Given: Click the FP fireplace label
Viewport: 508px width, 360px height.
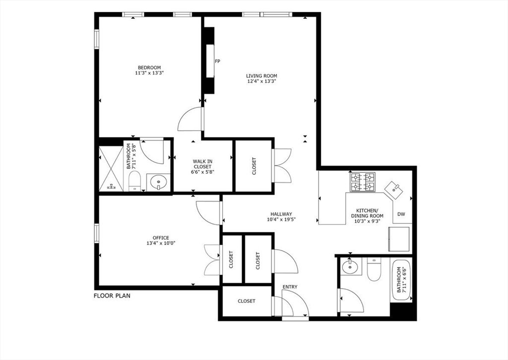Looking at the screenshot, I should pyautogui.click(x=217, y=62).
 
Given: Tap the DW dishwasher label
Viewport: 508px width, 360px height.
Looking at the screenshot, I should pyautogui.click(x=401, y=215).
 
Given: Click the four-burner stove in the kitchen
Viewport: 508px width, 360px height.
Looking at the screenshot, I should pyautogui.click(x=364, y=182).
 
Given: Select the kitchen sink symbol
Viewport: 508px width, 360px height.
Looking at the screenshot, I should pyautogui.click(x=395, y=188).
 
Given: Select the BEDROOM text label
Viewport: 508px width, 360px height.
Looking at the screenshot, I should pyautogui.click(x=149, y=68).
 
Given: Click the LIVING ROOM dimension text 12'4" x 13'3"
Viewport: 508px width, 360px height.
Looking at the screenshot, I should pyautogui.click(x=261, y=81).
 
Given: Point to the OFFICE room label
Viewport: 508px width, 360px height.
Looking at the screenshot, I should pyautogui.click(x=161, y=238).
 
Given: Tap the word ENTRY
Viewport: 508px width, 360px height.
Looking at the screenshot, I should pyautogui.click(x=290, y=287).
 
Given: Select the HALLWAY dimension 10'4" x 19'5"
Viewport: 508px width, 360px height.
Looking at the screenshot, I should pyautogui.click(x=281, y=219).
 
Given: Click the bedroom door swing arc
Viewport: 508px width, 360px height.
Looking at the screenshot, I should pyautogui.click(x=189, y=119).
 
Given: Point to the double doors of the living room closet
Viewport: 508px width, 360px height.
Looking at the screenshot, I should pyautogui.click(x=284, y=166).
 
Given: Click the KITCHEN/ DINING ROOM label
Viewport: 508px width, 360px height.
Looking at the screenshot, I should pyautogui.click(x=367, y=213).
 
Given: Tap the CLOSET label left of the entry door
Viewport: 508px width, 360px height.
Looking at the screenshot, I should pyautogui.click(x=247, y=301).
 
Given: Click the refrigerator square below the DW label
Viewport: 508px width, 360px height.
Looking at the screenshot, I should pyautogui.click(x=399, y=239).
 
